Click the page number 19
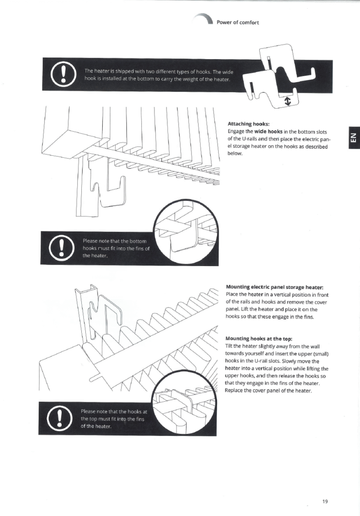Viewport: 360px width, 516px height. (x=325, y=501)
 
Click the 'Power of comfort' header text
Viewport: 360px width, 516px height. (x=238, y=23)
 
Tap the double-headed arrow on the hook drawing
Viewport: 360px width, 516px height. (x=288, y=101)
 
